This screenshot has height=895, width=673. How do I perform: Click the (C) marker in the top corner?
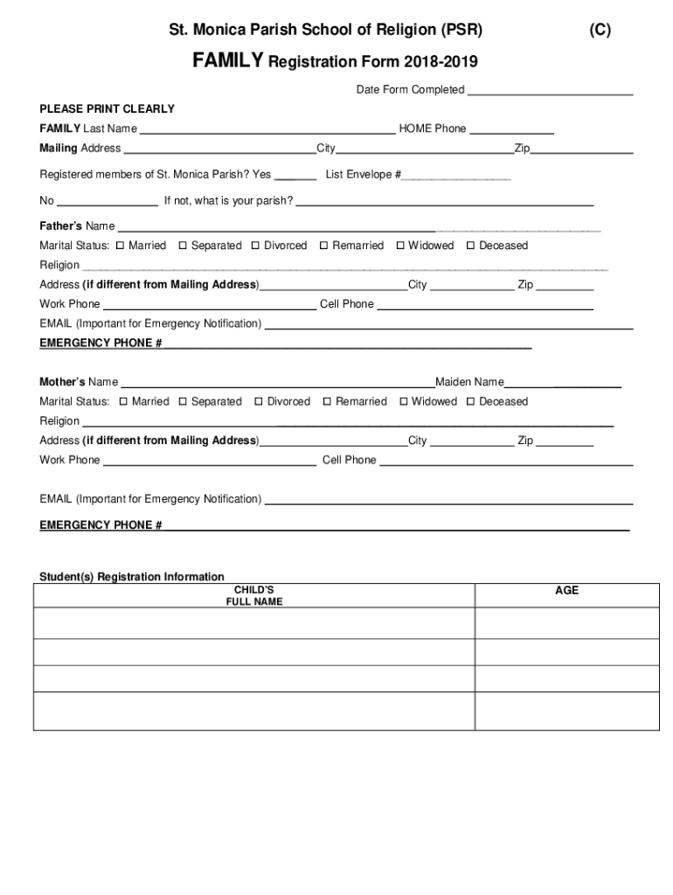(x=600, y=31)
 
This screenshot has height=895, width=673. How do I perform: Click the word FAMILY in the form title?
(x=228, y=62)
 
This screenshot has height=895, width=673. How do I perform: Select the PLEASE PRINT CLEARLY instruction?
(x=107, y=109)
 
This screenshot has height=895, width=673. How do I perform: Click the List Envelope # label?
(x=363, y=175)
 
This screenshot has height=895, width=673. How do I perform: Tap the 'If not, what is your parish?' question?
(x=228, y=201)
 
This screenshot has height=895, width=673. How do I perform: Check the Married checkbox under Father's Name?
(x=121, y=246)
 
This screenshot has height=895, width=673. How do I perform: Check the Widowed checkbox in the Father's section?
(x=400, y=246)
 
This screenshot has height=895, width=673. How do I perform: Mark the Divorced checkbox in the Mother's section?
(x=259, y=402)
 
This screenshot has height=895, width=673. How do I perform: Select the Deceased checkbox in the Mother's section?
(x=471, y=402)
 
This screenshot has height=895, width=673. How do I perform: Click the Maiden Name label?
(x=469, y=382)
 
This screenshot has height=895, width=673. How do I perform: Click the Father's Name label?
(x=77, y=226)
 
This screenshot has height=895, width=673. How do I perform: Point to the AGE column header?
(x=566, y=591)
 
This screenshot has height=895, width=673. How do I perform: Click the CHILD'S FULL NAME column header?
(x=254, y=596)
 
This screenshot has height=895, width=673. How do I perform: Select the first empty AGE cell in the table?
(x=566, y=623)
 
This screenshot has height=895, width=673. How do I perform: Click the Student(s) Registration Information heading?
(x=132, y=577)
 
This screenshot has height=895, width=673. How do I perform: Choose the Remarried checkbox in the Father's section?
(x=324, y=246)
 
